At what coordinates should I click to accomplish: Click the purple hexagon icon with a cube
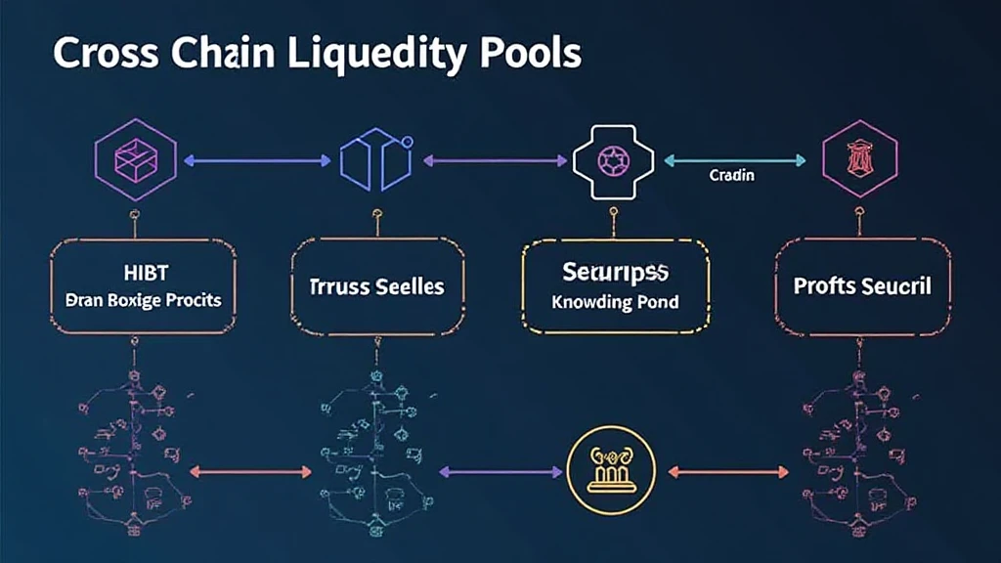136,159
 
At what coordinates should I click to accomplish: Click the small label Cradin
731,176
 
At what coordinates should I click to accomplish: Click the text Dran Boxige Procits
137,299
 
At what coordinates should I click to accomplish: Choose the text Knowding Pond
615,301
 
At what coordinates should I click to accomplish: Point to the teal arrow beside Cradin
734,158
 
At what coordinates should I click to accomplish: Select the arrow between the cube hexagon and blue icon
257,158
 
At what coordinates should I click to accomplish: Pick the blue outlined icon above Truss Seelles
377,158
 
